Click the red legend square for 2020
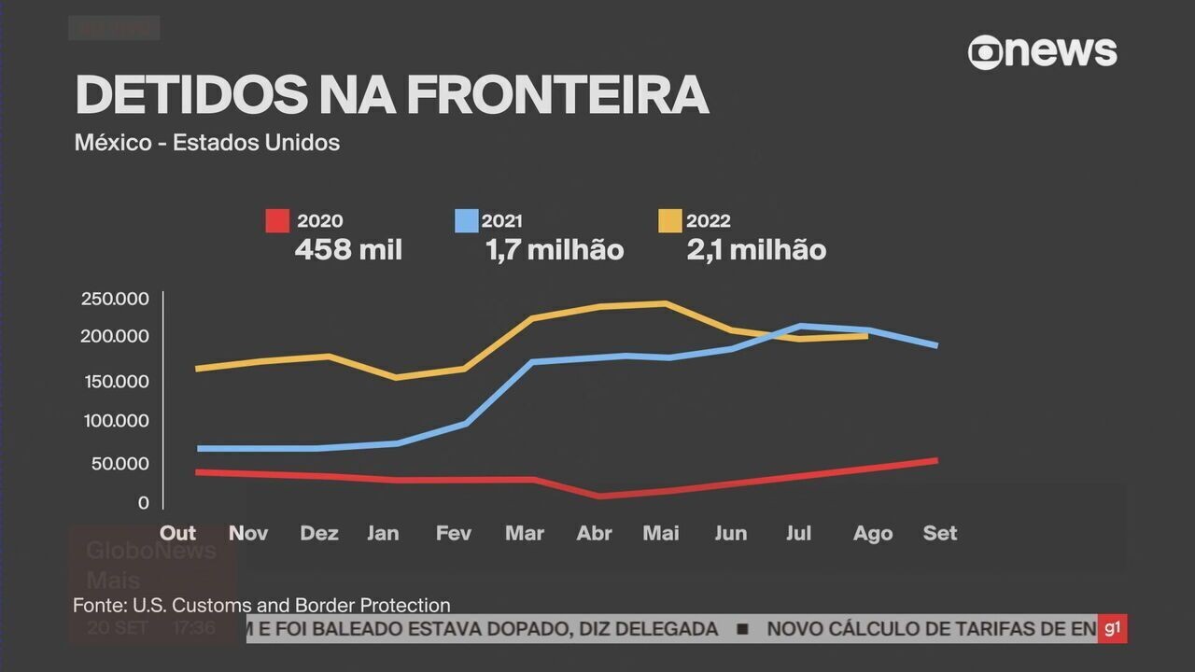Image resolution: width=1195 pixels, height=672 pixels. click(277, 221)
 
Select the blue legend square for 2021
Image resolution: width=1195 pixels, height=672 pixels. click(466, 221)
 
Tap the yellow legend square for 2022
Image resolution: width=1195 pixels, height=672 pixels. click(669, 221)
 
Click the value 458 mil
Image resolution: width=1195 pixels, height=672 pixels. click(348, 250)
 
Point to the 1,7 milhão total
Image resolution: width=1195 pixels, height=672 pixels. click(554, 250)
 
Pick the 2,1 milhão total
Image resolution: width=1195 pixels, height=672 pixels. click(755, 250)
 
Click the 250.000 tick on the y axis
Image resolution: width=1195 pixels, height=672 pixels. click(115, 299)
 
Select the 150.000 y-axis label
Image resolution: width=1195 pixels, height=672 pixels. click(115, 382)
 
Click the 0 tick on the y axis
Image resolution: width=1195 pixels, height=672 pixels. click(143, 503)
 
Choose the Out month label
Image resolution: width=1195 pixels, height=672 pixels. click(177, 533)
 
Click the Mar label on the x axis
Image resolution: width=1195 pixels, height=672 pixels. click(524, 533)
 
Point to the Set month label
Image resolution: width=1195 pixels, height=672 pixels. click(939, 533)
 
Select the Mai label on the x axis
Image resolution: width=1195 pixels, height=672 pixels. click(661, 533)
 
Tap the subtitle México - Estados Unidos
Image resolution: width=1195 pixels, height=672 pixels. click(206, 143)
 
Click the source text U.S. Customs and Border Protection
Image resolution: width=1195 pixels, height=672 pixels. click(291, 605)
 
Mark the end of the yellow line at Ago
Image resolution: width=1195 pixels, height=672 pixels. click(867, 336)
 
